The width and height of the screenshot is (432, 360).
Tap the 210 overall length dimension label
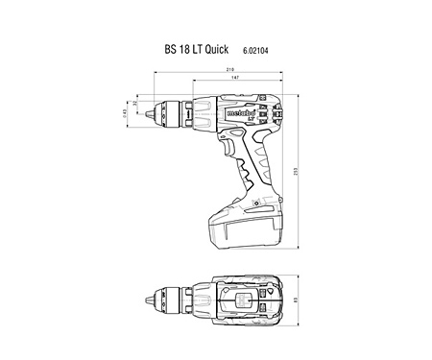230,71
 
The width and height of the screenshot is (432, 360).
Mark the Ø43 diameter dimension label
126,114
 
